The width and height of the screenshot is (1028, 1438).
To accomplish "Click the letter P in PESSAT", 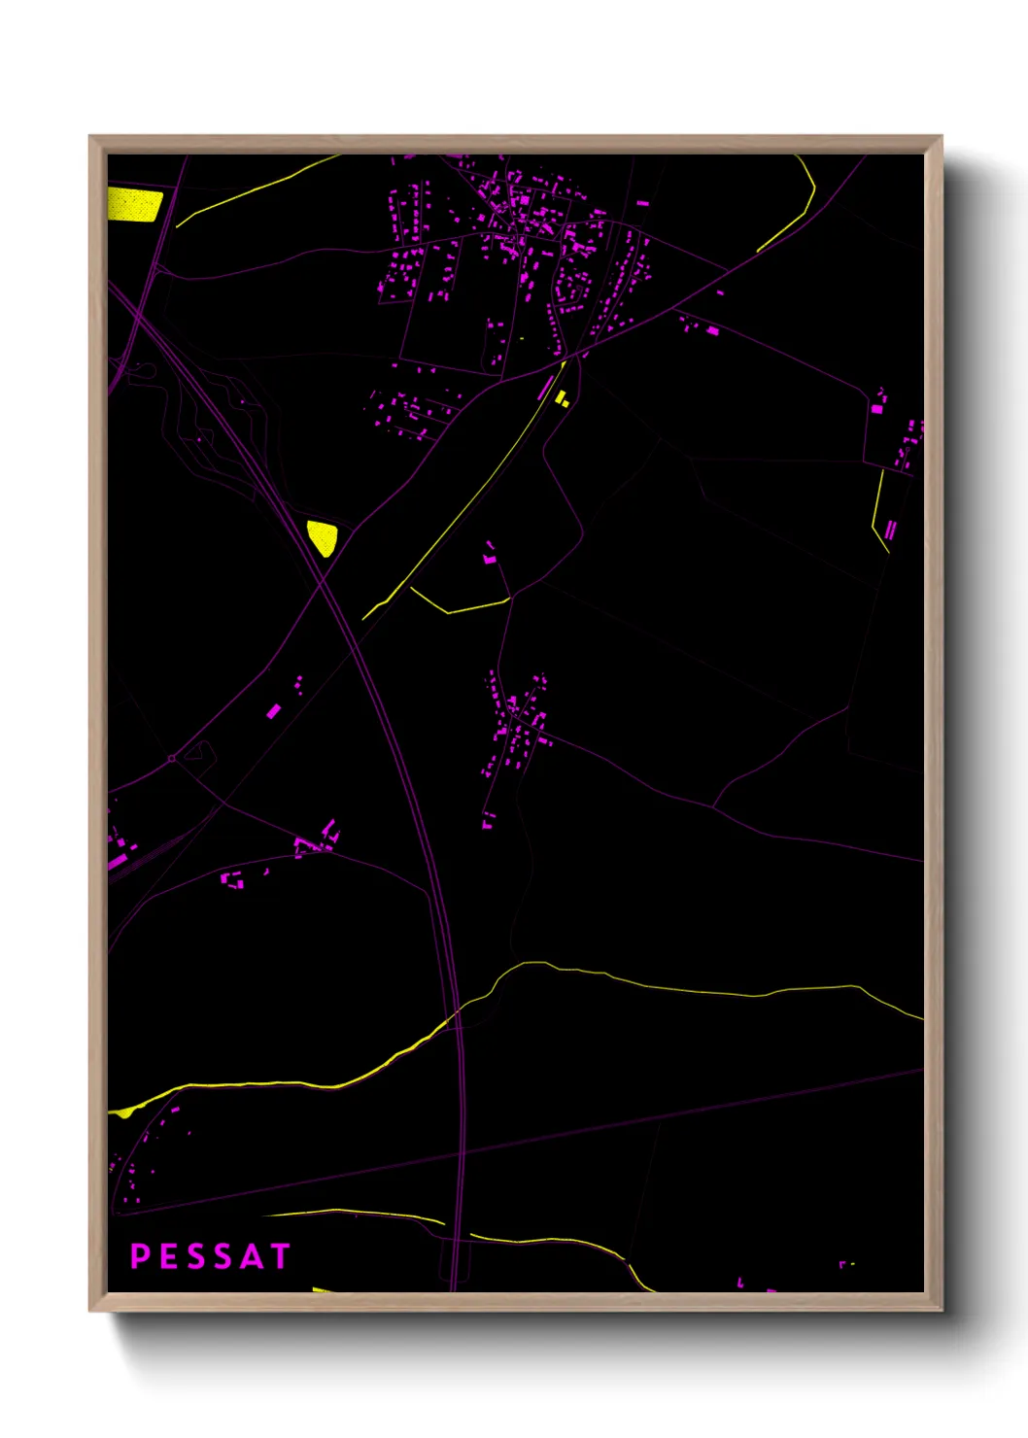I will tap(140, 1256).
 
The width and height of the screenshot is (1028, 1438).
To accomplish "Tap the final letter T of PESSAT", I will tap(281, 1256).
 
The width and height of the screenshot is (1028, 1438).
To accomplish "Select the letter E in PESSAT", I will tap(168, 1256).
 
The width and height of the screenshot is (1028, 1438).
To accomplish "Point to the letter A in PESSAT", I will tap(252, 1256).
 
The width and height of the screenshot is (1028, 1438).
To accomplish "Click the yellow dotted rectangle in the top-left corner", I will tap(134, 205).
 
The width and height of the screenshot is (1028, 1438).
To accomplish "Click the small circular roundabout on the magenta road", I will tap(172, 758).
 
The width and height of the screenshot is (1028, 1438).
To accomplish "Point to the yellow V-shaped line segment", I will tap(457, 605).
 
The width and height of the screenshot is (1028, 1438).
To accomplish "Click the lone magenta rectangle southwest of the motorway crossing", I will tap(274, 711).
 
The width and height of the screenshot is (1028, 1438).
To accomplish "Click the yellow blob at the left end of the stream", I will tap(123, 1113).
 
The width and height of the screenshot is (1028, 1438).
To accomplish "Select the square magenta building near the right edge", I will tap(877, 409).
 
